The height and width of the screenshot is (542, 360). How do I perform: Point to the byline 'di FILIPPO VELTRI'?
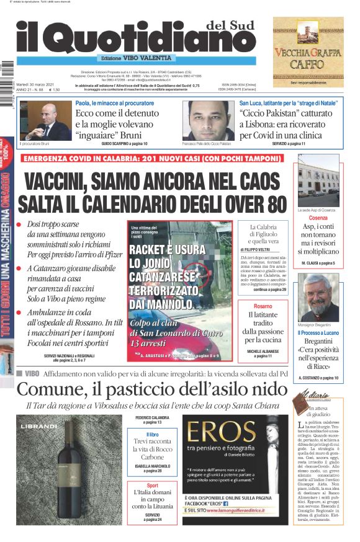(260, 249)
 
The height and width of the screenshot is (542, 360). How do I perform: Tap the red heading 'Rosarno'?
(263, 306)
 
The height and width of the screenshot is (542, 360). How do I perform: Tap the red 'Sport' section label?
(152, 486)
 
